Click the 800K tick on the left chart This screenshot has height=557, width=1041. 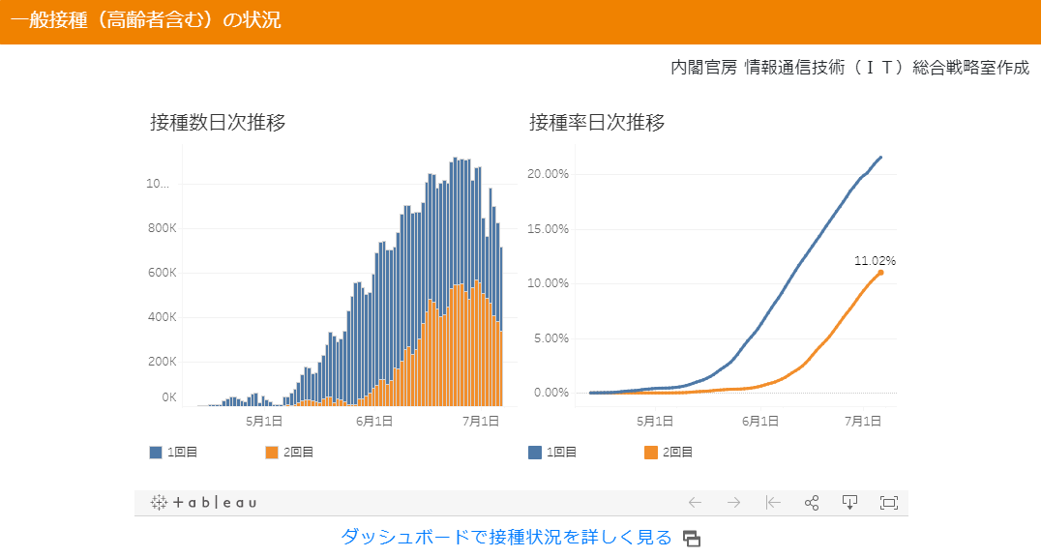[161, 228]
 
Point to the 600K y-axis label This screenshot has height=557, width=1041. [161, 273]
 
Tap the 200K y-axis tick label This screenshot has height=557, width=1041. [161, 361]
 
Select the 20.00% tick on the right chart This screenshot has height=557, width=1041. [550, 174]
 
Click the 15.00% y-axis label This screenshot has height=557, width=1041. [550, 229]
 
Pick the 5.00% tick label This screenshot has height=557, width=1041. [552, 338]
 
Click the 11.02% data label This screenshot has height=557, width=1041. [875, 260]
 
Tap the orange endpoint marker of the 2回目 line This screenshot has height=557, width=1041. [880, 273]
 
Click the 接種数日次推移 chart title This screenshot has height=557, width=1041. [218, 123]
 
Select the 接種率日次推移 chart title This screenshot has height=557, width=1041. [597, 123]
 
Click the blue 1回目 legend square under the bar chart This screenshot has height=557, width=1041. [156, 452]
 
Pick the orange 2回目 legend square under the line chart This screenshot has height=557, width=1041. [650, 452]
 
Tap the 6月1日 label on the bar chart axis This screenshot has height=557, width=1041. [374, 421]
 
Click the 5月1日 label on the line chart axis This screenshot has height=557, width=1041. [655, 421]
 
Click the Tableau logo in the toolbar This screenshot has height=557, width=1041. [204, 503]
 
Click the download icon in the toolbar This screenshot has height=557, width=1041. [849, 502]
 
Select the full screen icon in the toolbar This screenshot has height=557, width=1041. [888, 502]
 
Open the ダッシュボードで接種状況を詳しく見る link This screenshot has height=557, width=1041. [506, 538]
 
